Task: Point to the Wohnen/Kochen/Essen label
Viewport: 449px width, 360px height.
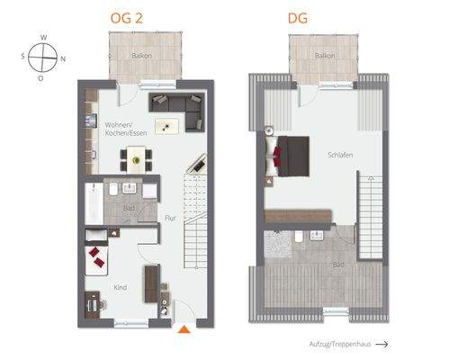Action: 125,129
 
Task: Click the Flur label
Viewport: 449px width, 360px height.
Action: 168,217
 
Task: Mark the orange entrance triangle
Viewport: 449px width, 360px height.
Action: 184,330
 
